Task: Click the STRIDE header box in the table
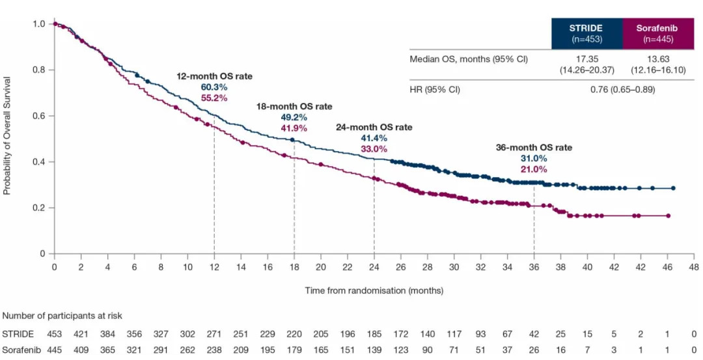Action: pyautogui.click(x=586, y=33)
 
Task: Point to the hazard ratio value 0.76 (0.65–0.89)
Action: pyautogui.click(x=622, y=90)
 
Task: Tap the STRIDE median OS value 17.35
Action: pyautogui.click(x=586, y=60)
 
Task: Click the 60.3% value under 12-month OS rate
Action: pyautogui.click(x=214, y=87)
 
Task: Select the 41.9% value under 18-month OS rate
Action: pyautogui.click(x=294, y=128)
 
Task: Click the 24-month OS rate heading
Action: pyautogui.click(x=374, y=128)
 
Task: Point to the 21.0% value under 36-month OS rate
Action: pyautogui.click(x=534, y=170)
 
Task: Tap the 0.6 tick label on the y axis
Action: pyautogui.click(x=40, y=116)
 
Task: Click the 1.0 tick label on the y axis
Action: pyautogui.click(x=40, y=24)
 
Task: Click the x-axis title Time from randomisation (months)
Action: pyautogui.click(x=374, y=290)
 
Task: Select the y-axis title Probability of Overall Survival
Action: pyautogui.click(x=7, y=139)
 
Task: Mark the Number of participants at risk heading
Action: pyautogui.click(x=62, y=316)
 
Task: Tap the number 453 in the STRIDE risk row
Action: pyautogui.click(x=55, y=335)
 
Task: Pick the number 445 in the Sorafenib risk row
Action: pyautogui.click(x=55, y=350)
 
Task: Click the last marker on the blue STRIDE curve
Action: pyautogui.click(x=673, y=188)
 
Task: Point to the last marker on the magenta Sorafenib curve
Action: pyautogui.click(x=668, y=215)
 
